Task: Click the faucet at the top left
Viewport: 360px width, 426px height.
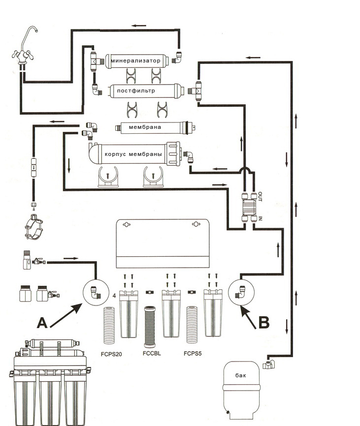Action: point(24,49)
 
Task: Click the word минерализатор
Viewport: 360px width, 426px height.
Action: point(135,61)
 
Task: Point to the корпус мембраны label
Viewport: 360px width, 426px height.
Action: point(133,154)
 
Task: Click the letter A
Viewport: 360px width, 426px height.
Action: point(42,323)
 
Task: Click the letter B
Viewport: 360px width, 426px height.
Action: point(264,323)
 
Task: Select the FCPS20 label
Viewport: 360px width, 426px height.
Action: point(112,353)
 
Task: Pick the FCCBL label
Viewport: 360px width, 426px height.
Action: point(152,353)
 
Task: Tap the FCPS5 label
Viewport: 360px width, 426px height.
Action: point(193,353)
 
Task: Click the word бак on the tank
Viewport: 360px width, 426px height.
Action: point(240,375)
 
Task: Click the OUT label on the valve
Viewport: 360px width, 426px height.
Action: point(261,196)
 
